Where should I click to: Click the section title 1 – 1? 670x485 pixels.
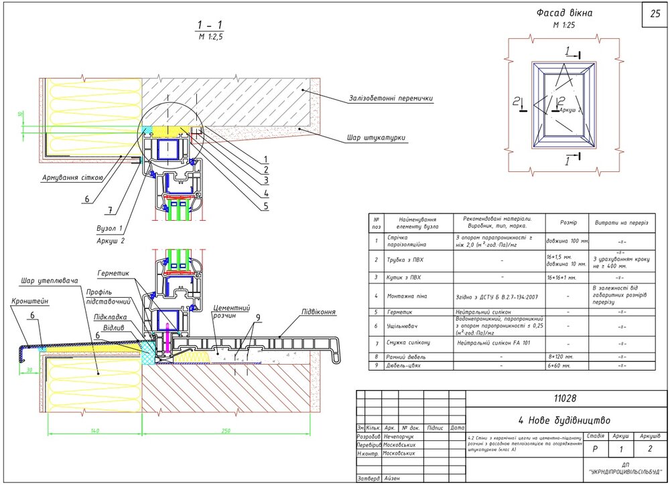pyautogui.click(x=210, y=26)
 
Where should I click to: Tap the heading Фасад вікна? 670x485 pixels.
pyautogui.click(x=565, y=13)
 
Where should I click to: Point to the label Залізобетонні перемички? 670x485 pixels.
pyautogui.click(x=391, y=98)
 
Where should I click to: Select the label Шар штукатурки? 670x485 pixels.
pyautogui.click(x=376, y=138)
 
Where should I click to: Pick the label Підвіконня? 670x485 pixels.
pyautogui.click(x=318, y=312)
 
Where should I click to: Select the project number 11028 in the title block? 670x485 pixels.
pyautogui.click(x=565, y=399)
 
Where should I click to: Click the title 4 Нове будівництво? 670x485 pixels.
pyautogui.click(x=564, y=421)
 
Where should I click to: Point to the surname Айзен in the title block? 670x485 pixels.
pyautogui.click(x=393, y=478)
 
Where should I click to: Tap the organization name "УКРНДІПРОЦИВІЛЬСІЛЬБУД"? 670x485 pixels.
pyautogui.click(x=624, y=472)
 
